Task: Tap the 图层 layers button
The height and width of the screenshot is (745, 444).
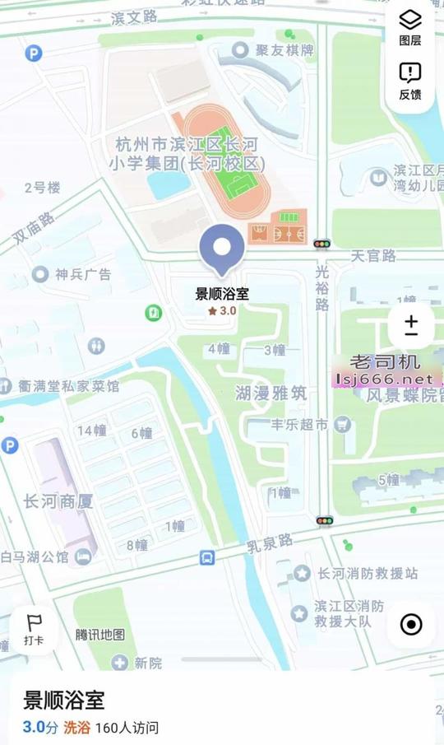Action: (410, 26)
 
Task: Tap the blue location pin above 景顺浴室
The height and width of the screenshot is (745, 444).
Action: (222, 249)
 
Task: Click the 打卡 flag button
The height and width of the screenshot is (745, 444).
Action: (34, 630)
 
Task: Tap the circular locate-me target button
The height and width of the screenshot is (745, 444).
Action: (411, 624)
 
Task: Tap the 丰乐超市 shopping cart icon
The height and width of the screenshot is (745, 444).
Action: (341, 425)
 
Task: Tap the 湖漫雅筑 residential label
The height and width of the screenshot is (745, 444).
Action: (271, 393)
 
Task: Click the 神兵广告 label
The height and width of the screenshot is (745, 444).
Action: (82, 274)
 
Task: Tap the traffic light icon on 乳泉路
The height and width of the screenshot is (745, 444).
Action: (325, 521)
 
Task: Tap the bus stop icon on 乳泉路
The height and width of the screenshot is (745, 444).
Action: (207, 558)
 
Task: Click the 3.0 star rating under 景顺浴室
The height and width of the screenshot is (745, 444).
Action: (222, 311)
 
